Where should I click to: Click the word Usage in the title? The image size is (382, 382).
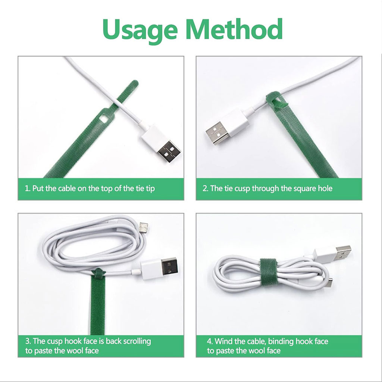(140, 31)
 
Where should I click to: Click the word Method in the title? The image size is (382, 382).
(234, 29)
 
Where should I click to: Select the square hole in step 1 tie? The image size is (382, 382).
(104, 119)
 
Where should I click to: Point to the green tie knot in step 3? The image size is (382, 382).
(98, 273)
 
